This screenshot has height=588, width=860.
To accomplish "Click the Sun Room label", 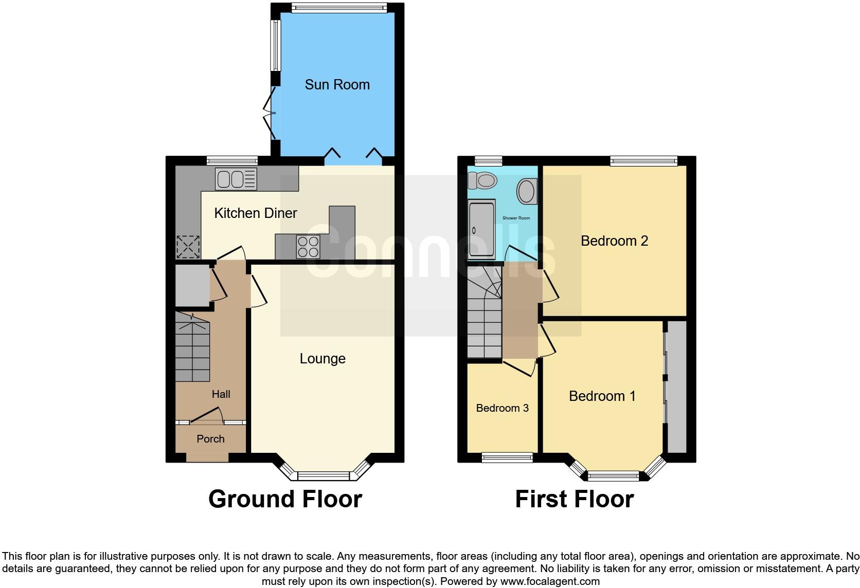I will coord(337,85).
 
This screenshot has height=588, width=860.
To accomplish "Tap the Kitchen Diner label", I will coord(255,213).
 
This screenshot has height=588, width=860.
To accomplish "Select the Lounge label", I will coord(322,359).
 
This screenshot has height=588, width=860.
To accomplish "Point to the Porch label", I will coord(210,439).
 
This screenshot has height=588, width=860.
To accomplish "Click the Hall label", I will coord(221,394).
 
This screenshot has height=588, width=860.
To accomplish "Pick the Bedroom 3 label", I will coord(502,408).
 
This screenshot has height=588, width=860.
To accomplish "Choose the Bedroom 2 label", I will coord(614,241).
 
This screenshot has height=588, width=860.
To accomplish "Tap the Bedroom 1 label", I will coord(602,396).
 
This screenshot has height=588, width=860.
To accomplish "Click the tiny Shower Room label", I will coord(516,218).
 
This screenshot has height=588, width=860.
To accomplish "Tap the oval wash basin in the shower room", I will coord(527,191).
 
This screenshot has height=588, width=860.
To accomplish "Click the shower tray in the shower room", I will coord(481,230).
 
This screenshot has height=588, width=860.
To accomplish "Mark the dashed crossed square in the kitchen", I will coord(188,247).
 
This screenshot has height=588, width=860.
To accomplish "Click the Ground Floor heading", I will coord(285,499).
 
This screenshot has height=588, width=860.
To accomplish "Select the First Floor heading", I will coord(574,499).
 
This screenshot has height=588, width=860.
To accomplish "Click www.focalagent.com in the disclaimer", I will coord(550,582).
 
